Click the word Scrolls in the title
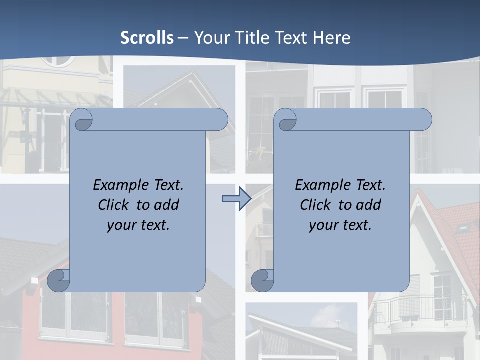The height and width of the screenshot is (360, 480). pyautogui.click(x=147, y=38)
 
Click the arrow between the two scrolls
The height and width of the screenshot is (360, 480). pyautogui.click(x=236, y=199)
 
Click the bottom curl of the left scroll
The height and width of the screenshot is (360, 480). pyautogui.click(x=59, y=280)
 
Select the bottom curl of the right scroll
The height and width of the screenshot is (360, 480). pyautogui.click(x=262, y=280)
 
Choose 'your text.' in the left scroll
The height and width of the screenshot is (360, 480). pyautogui.click(x=138, y=225)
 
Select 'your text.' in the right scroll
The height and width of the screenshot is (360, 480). pyautogui.click(x=340, y=225)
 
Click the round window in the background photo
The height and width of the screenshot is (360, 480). pyautogui.click(x=58, y=60)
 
